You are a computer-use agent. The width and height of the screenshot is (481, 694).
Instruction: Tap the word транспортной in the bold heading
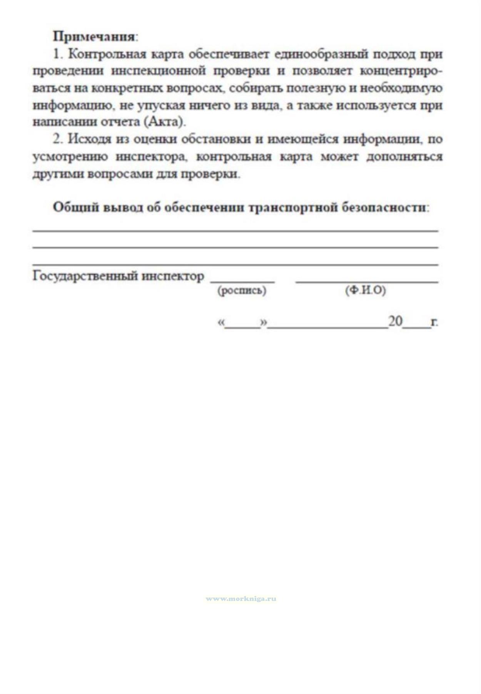tap(292, 208)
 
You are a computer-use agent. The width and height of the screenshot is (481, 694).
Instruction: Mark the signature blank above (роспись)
tap(242, 280)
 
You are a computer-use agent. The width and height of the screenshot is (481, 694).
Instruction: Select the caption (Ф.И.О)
tap(365, 291)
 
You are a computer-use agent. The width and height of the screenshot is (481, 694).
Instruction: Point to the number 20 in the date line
tap(395, 321)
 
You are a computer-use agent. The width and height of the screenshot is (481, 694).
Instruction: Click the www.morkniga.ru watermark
tap(241, 599)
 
